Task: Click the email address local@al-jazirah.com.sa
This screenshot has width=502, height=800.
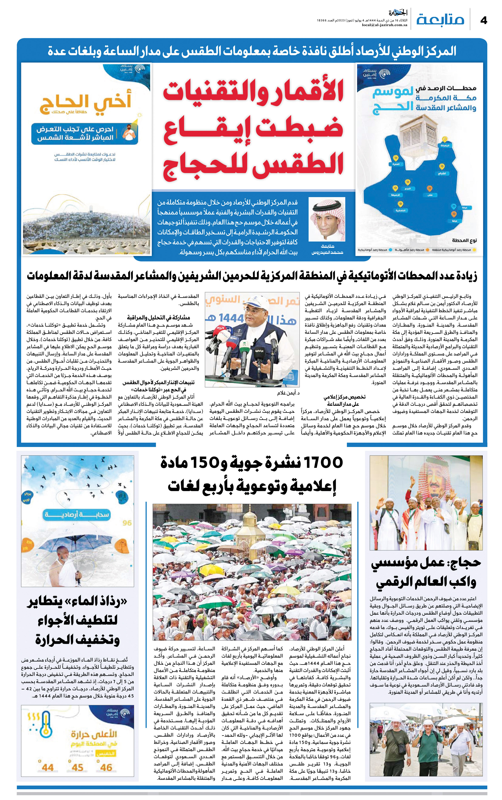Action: click(x=384, y=25)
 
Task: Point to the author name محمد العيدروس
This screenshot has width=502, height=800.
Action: click(x=327, y=252)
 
